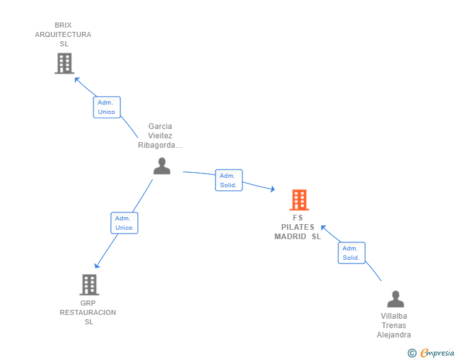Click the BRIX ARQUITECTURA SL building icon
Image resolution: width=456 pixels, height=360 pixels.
65,63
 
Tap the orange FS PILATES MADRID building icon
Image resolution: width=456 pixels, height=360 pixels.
299,200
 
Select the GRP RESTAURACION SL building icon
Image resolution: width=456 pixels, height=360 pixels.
90,285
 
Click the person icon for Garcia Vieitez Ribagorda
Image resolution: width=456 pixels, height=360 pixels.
162,166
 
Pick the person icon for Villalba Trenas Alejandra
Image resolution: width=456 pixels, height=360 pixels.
395,299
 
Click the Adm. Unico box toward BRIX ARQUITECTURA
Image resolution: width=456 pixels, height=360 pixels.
106,107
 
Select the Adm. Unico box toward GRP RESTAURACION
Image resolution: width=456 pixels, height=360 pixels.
124,223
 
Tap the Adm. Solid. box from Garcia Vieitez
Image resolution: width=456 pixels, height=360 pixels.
229,180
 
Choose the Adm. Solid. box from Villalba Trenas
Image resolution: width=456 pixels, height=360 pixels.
351,253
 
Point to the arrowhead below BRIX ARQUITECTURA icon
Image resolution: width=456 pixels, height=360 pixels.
77,80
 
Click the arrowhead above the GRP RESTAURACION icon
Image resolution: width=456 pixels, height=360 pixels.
97,265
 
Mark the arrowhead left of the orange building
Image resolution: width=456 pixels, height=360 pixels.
272,189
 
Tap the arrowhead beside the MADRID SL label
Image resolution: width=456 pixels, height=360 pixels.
323,228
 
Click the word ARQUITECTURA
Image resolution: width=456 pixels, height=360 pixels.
63,34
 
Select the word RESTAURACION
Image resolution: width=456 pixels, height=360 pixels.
88,312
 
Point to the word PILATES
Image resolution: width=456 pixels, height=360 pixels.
298,227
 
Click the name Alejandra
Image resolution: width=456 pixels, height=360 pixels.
394,335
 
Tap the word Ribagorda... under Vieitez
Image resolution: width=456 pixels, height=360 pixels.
160,145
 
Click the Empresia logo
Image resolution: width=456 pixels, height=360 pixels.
437,352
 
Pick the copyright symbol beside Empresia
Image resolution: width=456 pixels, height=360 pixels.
412,353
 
